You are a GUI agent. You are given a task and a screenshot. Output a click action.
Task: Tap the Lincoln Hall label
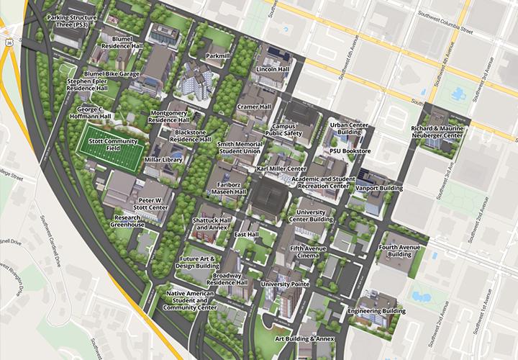click(272, 70)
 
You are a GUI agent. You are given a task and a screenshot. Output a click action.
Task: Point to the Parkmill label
click(217, 55)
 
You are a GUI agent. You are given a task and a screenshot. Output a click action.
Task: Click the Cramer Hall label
click(253, 107)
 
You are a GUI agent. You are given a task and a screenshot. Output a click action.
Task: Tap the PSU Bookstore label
click(350, 152)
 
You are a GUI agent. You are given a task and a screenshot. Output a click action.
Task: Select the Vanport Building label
click(379, 188)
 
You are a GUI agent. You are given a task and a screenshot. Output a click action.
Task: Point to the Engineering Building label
click(371, 311)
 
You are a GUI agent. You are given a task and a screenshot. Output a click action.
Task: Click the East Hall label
click(247, 235)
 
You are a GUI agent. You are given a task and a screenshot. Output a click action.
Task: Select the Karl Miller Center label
click(281, 168)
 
